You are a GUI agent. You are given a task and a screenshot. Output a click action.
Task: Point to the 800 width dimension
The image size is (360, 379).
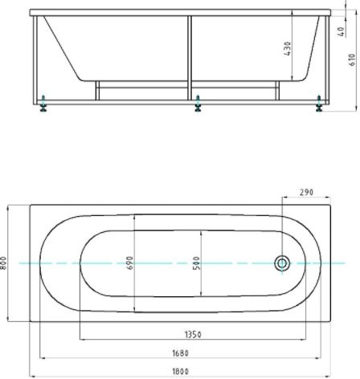tap(5, 263)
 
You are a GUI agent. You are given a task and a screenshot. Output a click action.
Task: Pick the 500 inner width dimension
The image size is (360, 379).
tap(197, 263)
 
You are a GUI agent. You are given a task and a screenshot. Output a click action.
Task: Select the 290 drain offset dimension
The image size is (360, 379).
tap(305, 193)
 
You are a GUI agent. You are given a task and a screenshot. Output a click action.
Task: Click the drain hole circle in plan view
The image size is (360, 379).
tap(282, 263)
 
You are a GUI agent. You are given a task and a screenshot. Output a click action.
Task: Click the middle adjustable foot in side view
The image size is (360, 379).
tap(198, 104)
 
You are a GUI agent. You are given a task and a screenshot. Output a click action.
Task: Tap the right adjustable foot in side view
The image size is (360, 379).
tap(320, 104)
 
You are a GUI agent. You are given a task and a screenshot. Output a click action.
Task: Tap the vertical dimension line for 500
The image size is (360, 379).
tap(201, 241)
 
